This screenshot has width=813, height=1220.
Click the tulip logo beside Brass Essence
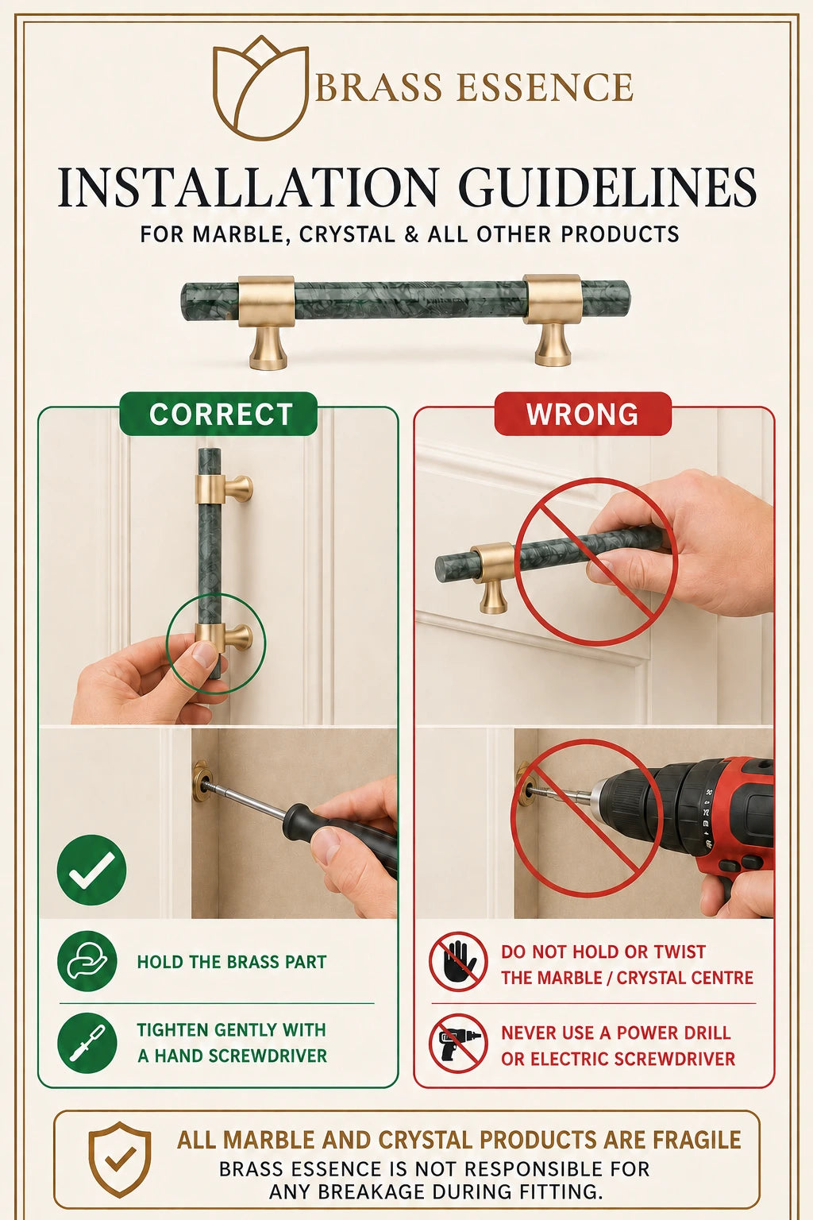[260, 87]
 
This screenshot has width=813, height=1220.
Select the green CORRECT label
[218, 414]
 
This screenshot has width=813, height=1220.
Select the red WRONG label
[583, 414]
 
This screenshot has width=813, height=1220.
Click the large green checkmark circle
[91, 870]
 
